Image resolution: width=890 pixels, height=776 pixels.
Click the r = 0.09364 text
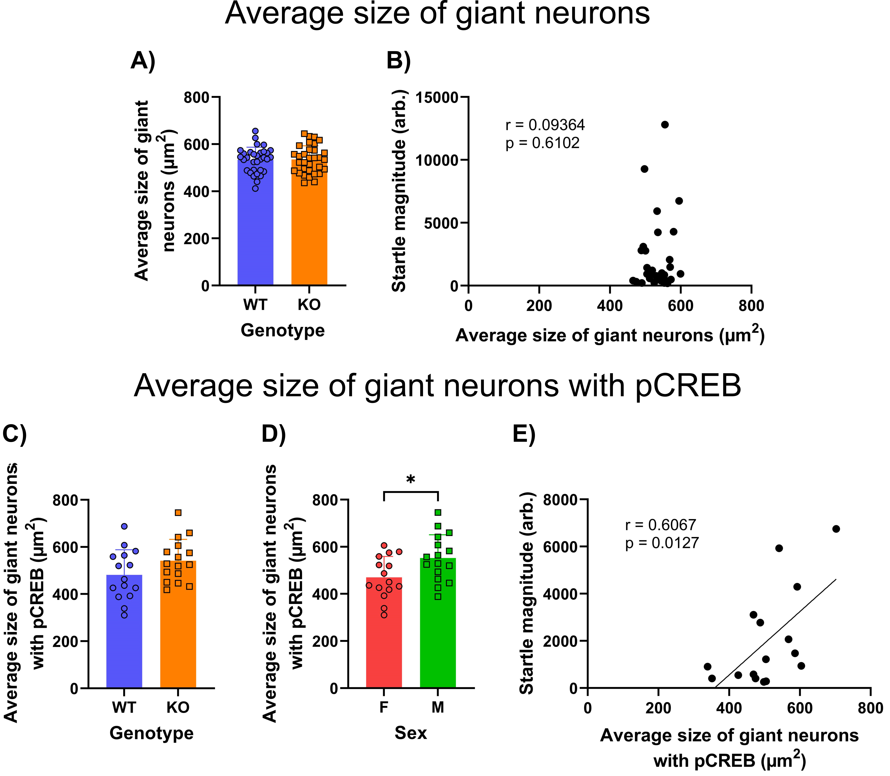coord(545,125)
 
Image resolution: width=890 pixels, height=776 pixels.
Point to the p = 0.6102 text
coord(542,143)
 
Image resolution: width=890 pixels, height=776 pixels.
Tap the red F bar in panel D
coord(384,641)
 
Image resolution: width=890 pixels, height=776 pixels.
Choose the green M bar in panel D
coord(438,632)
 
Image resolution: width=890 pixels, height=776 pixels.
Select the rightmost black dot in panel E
coord(836,529)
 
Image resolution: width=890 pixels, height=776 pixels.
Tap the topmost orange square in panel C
coord(178,513)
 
